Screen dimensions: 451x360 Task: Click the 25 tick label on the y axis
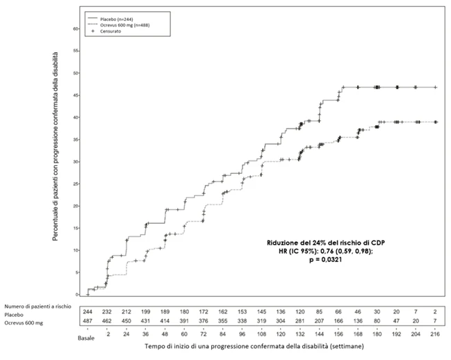pyautogui.click(x=76, y=183)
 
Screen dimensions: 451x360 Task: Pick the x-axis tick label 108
pyautogui.click(x=261, y=334)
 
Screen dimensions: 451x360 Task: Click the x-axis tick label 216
pyautogui.click(x=435, y=334)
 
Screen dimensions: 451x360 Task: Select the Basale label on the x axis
pyautogui.click(x=86, y=338)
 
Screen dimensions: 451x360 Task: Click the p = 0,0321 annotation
pyautogui.click(x=326, y=260)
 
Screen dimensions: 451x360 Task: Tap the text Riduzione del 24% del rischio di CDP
pyautogui.click(x=326, y=243)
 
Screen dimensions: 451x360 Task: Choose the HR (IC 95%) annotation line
pyautogui.click(x=326, y=252)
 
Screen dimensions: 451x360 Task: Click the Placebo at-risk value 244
pyautogui.click(x=88, y=311)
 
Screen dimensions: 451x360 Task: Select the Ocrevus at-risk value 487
pyautogui.click(x=88, y=321)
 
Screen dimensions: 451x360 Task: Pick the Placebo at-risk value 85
pyautogui.click(x=319, y=311)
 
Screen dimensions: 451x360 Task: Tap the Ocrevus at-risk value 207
pyautogui.click(x=319, y=321)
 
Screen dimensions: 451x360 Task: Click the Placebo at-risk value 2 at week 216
pyautogui.click(x=435, y=311)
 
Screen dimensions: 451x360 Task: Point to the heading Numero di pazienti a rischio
pyautogui.click(x=38, y=306)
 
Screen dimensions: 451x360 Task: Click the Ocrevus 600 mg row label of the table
pyautogui.click(x=24, y=323)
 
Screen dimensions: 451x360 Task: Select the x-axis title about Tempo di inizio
pyautogui.click(x=254, y=346)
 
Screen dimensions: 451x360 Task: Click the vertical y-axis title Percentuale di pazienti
pyautogui.click(x=55, y=147)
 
